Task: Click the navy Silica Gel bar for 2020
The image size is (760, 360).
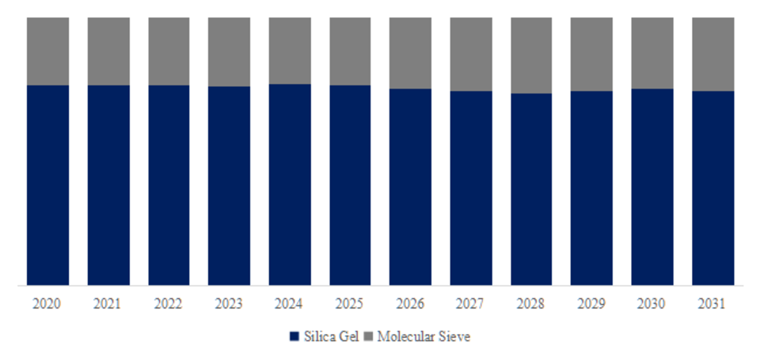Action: tap(47, 184)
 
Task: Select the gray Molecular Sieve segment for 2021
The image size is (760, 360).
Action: tap(108, 51)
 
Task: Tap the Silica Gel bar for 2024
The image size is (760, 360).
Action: tap(290, 184)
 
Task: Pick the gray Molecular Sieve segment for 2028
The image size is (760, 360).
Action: tap(531, 55)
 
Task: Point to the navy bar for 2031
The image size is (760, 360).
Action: tap(712, 188)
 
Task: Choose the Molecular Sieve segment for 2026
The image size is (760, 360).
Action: tap(410, 52)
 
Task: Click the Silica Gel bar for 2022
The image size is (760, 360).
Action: tap(169, 184)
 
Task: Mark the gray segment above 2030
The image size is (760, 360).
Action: tap(652, 52)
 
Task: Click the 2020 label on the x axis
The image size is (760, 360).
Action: tap(47, 303)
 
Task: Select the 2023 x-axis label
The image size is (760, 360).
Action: tap(229, 303)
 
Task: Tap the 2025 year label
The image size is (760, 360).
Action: tap(350, 303)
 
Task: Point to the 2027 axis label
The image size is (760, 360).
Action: tap(471, 303)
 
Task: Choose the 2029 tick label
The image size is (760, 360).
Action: tap(591, 303)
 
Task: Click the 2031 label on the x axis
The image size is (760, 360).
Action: tap(712, 303)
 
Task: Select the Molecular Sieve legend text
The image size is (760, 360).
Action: tap(424, 337)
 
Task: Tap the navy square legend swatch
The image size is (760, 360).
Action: tap(294, 337)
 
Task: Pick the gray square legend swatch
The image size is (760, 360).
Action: tap(369, 337)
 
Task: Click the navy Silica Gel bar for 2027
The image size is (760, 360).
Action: tap(471, 188)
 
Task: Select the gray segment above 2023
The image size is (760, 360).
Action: tap(229, 51)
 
